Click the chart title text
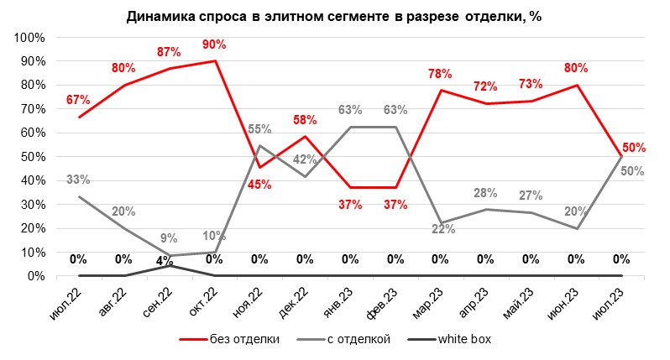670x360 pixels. pyautogui.click(x=334, y=16)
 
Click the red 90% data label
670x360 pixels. pyautogui.click(x=214, y=44)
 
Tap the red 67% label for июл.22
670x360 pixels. pyautogui.click(x=78, y=101)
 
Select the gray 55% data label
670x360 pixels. pyautogui.click(x=259, y=129)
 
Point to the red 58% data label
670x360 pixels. pyautogui.click(x=305, y=121)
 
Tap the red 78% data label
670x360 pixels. pyautogui.click(x=441, y=74)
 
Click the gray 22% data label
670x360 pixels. pyautogui.click(x=442, y=230)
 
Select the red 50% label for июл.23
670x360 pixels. pyautogui.click(x=634, y=147)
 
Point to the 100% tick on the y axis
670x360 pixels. pyautogui.click(x=30, y=38)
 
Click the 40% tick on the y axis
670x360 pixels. pyautogui.click(x=33, y=180)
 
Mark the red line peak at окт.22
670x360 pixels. pyautogui.click(x=216, y=60)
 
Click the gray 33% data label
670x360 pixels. pyautogui.click(x=78, y=179)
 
